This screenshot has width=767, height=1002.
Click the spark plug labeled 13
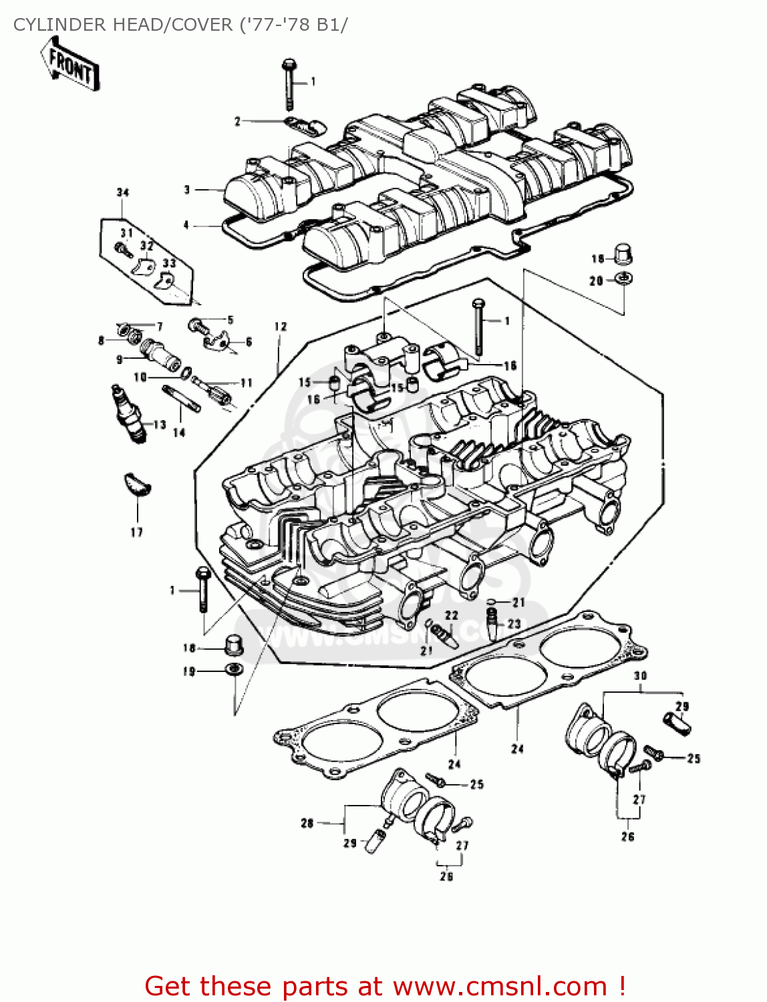(128, 414)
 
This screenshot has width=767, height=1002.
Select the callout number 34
(123, 193)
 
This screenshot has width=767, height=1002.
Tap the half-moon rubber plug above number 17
(138, 485)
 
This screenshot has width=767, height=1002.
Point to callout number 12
(281, 327)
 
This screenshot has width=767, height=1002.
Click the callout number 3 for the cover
(188, 190)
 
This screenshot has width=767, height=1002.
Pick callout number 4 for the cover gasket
(186, 225)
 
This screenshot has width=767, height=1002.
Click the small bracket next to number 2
(305, 125)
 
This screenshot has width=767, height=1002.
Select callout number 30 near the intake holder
(640, 676)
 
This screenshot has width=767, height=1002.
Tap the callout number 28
(307, 823)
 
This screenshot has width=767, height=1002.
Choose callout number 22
(452, 615)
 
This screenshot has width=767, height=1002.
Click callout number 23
(514, 624)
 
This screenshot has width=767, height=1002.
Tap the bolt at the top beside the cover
(289, 83)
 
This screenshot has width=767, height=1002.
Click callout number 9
(120, 359)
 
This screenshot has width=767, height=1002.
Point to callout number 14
(179, 433)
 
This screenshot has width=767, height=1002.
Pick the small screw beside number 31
(122, 249)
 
